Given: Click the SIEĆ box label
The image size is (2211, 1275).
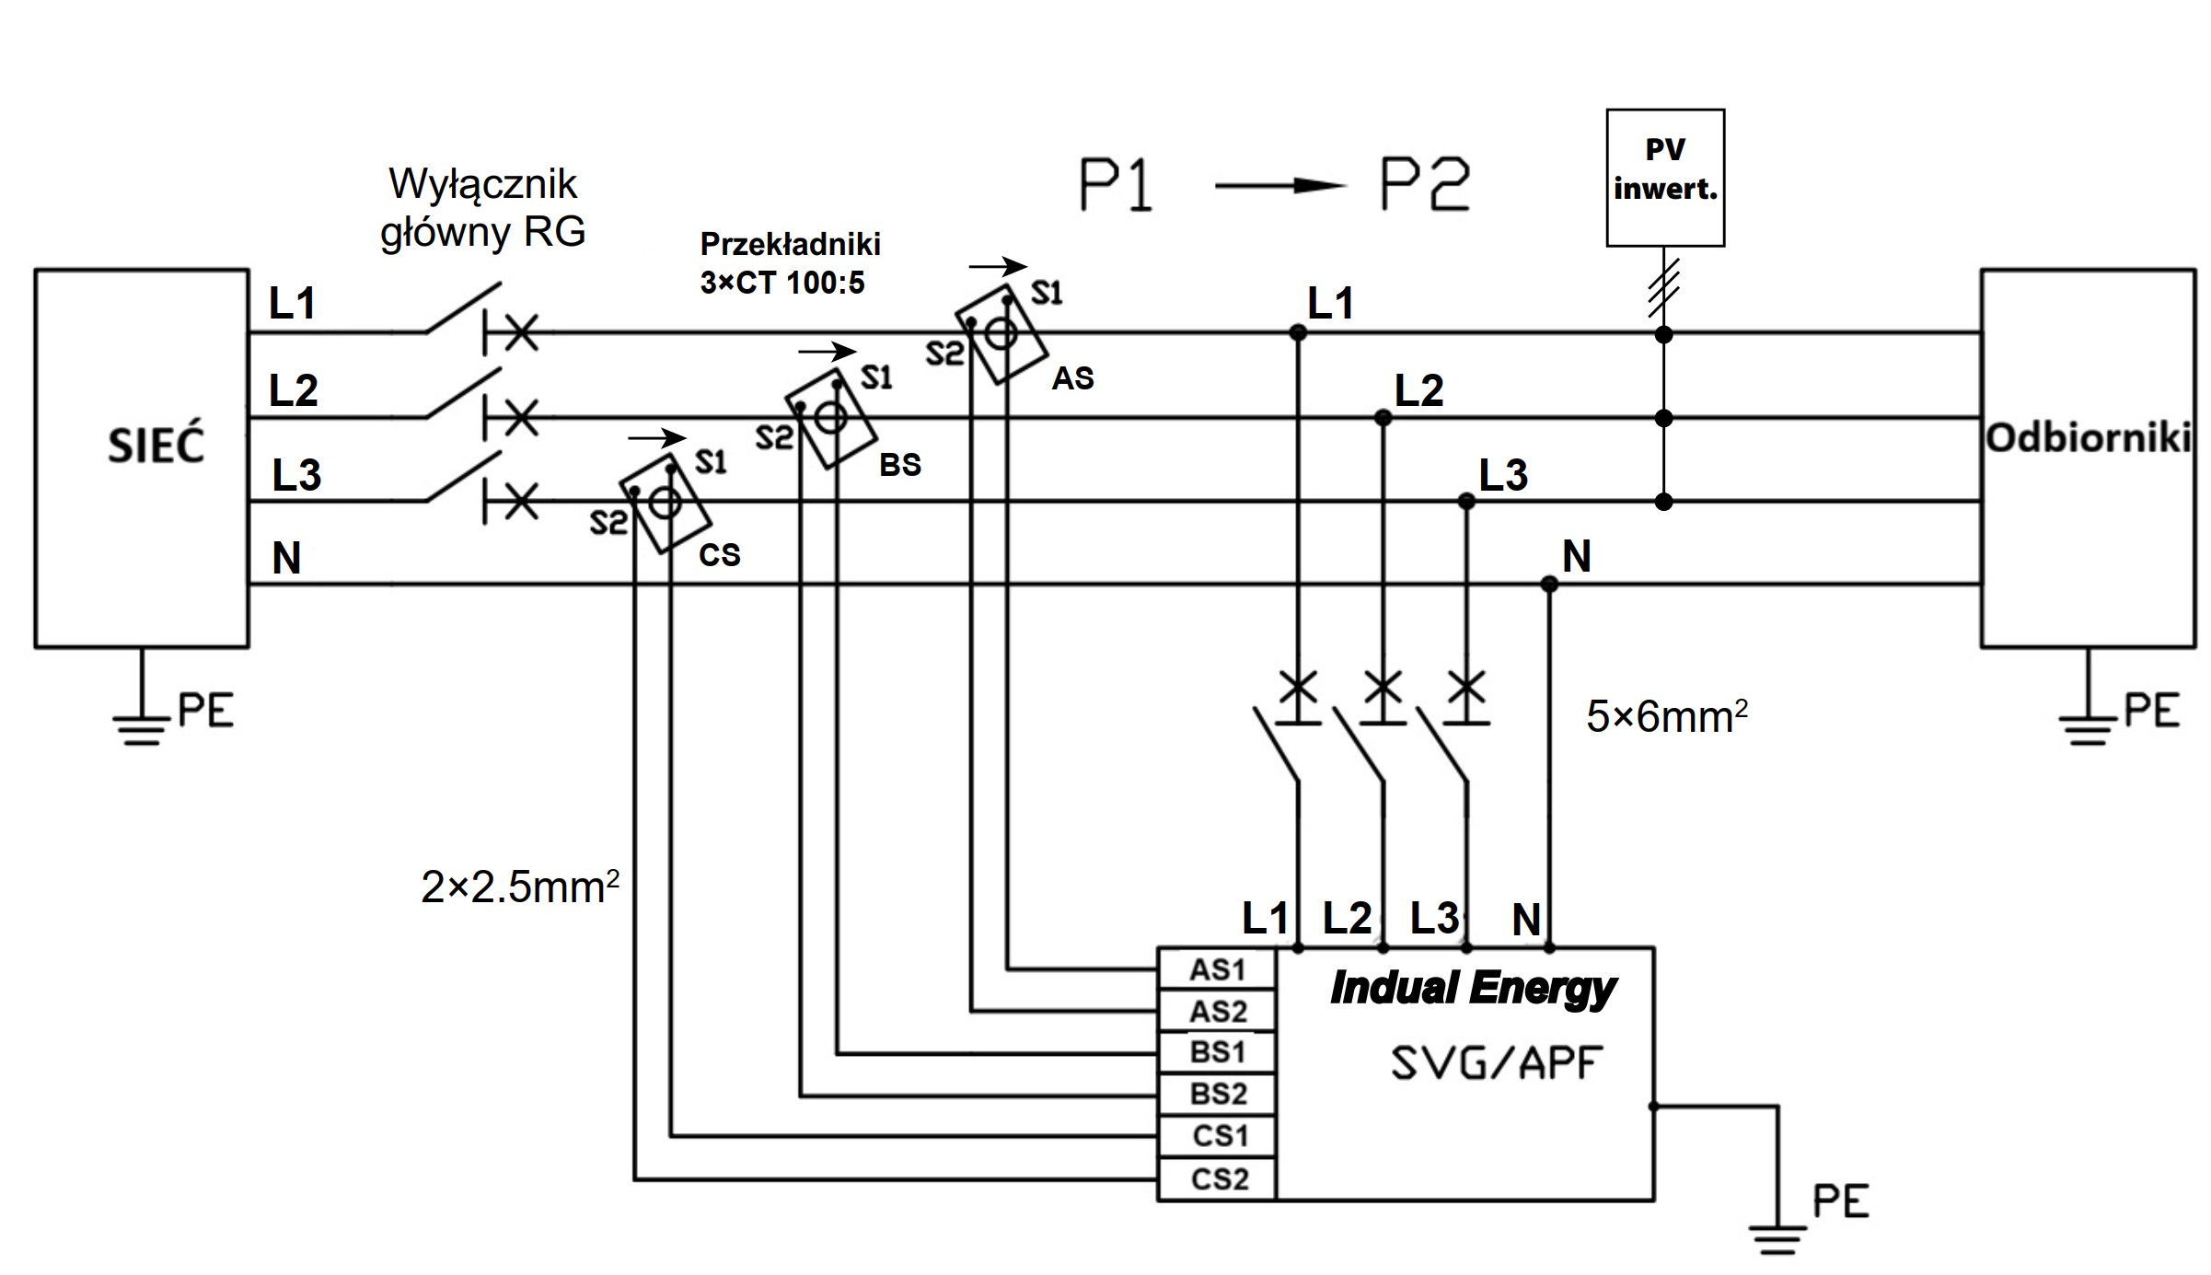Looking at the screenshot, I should click(156, 445).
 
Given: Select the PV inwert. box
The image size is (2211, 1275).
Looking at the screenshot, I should click(1664, 177).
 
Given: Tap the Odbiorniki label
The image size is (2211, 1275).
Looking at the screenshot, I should click(2087, 438).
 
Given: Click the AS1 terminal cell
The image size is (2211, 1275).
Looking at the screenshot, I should click(1216, 969).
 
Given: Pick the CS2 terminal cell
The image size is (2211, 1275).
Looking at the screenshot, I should click(1216, 1179).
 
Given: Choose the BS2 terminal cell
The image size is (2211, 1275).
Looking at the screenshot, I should click(1216, 1095).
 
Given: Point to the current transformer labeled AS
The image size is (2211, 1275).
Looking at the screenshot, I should click(1001, 333).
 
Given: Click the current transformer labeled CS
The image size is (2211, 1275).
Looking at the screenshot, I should click(665, 503).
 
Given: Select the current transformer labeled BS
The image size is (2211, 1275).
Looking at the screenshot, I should click(830, 419).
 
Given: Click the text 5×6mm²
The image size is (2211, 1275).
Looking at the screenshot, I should click(1666, 716).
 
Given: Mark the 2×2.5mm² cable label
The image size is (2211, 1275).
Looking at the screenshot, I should click(519, 887).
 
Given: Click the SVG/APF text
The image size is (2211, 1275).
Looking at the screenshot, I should click(1496, 1063).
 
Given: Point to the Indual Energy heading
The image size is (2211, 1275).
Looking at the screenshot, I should click(1472, 988).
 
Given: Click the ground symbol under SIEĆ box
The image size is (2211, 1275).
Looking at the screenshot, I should click(141, 727).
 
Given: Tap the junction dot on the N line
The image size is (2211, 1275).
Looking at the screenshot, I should click(1549, 584).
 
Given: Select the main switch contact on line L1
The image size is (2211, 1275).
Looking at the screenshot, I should click(463, 309).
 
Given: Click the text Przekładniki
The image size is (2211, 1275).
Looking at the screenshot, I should click(790, 244).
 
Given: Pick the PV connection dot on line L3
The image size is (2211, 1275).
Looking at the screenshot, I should click(1663, 502).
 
